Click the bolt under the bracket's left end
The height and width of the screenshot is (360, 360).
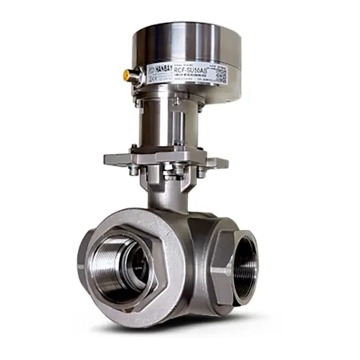133,171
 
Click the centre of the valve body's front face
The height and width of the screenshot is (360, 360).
196,261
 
